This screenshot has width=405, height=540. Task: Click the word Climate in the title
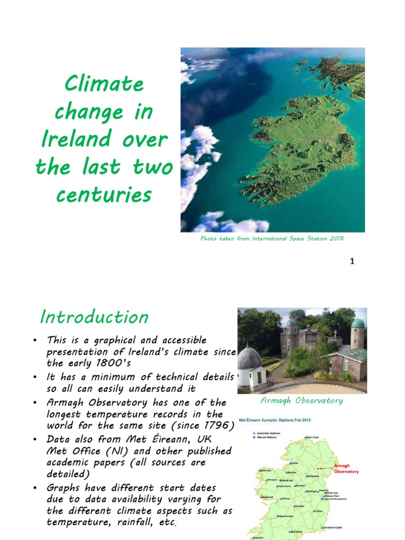pos(104,84)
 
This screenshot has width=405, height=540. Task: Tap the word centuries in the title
pos(104,195)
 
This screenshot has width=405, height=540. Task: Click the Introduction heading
pos(94,317)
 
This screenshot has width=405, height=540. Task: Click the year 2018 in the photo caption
pos(336,239)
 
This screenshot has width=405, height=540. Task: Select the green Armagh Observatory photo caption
pos(302,401)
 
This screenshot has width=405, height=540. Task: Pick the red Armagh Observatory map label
pos(346,469)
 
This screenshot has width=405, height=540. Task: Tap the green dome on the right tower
pos(358,323)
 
